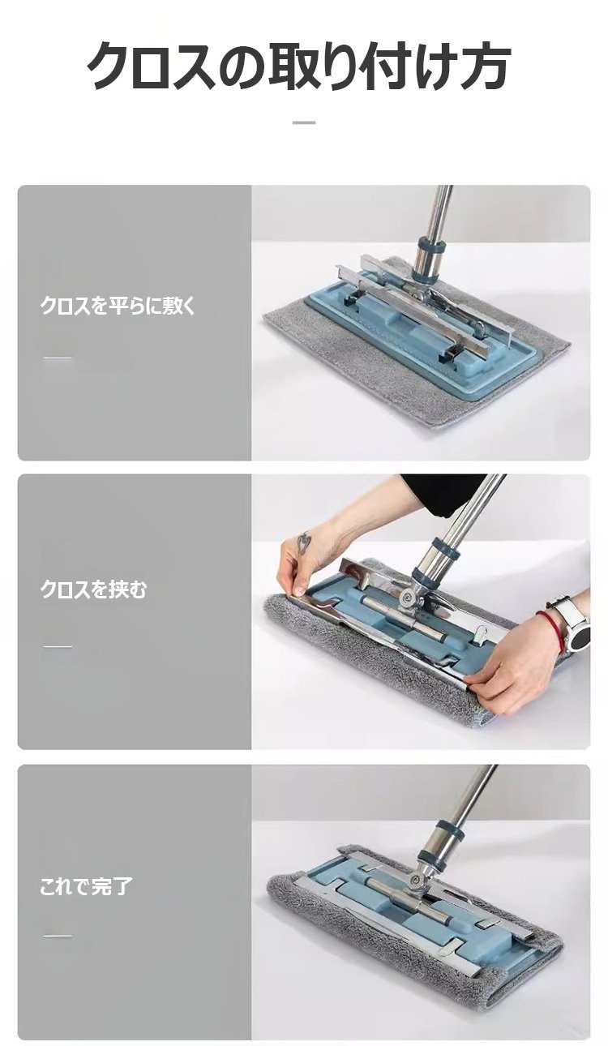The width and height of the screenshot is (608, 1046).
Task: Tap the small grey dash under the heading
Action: (304, 122)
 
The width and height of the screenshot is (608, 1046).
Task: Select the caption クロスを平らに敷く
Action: (118, 306)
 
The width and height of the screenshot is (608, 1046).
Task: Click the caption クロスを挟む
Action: (93, 589)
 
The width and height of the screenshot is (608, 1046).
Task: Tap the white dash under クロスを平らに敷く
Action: (58, 358)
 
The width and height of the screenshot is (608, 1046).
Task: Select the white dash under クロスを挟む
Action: (58, 647)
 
